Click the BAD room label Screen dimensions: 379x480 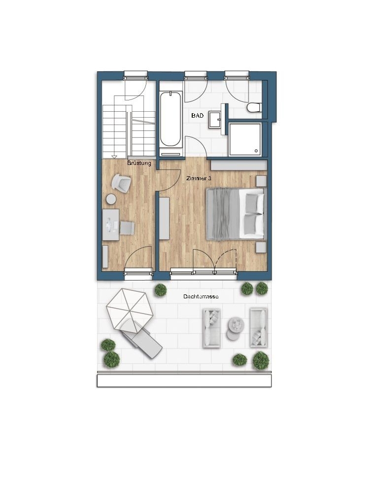197,115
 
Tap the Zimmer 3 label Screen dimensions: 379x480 199,178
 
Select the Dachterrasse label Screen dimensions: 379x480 201,296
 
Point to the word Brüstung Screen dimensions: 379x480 139,163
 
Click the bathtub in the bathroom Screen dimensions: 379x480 171,119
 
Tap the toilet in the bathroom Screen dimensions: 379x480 254,108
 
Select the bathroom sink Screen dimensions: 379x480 217,120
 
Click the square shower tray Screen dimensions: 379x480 245,139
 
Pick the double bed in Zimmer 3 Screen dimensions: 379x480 235,214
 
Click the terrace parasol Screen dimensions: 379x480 130,309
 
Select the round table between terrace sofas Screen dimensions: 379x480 235,328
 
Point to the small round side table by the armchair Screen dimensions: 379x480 111,199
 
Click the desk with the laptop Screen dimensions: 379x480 110,224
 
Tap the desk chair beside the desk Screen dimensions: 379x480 127,228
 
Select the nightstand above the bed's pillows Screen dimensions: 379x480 261,181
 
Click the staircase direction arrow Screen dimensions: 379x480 114,157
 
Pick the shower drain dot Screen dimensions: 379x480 256,151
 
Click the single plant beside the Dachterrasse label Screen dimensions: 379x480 161,290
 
